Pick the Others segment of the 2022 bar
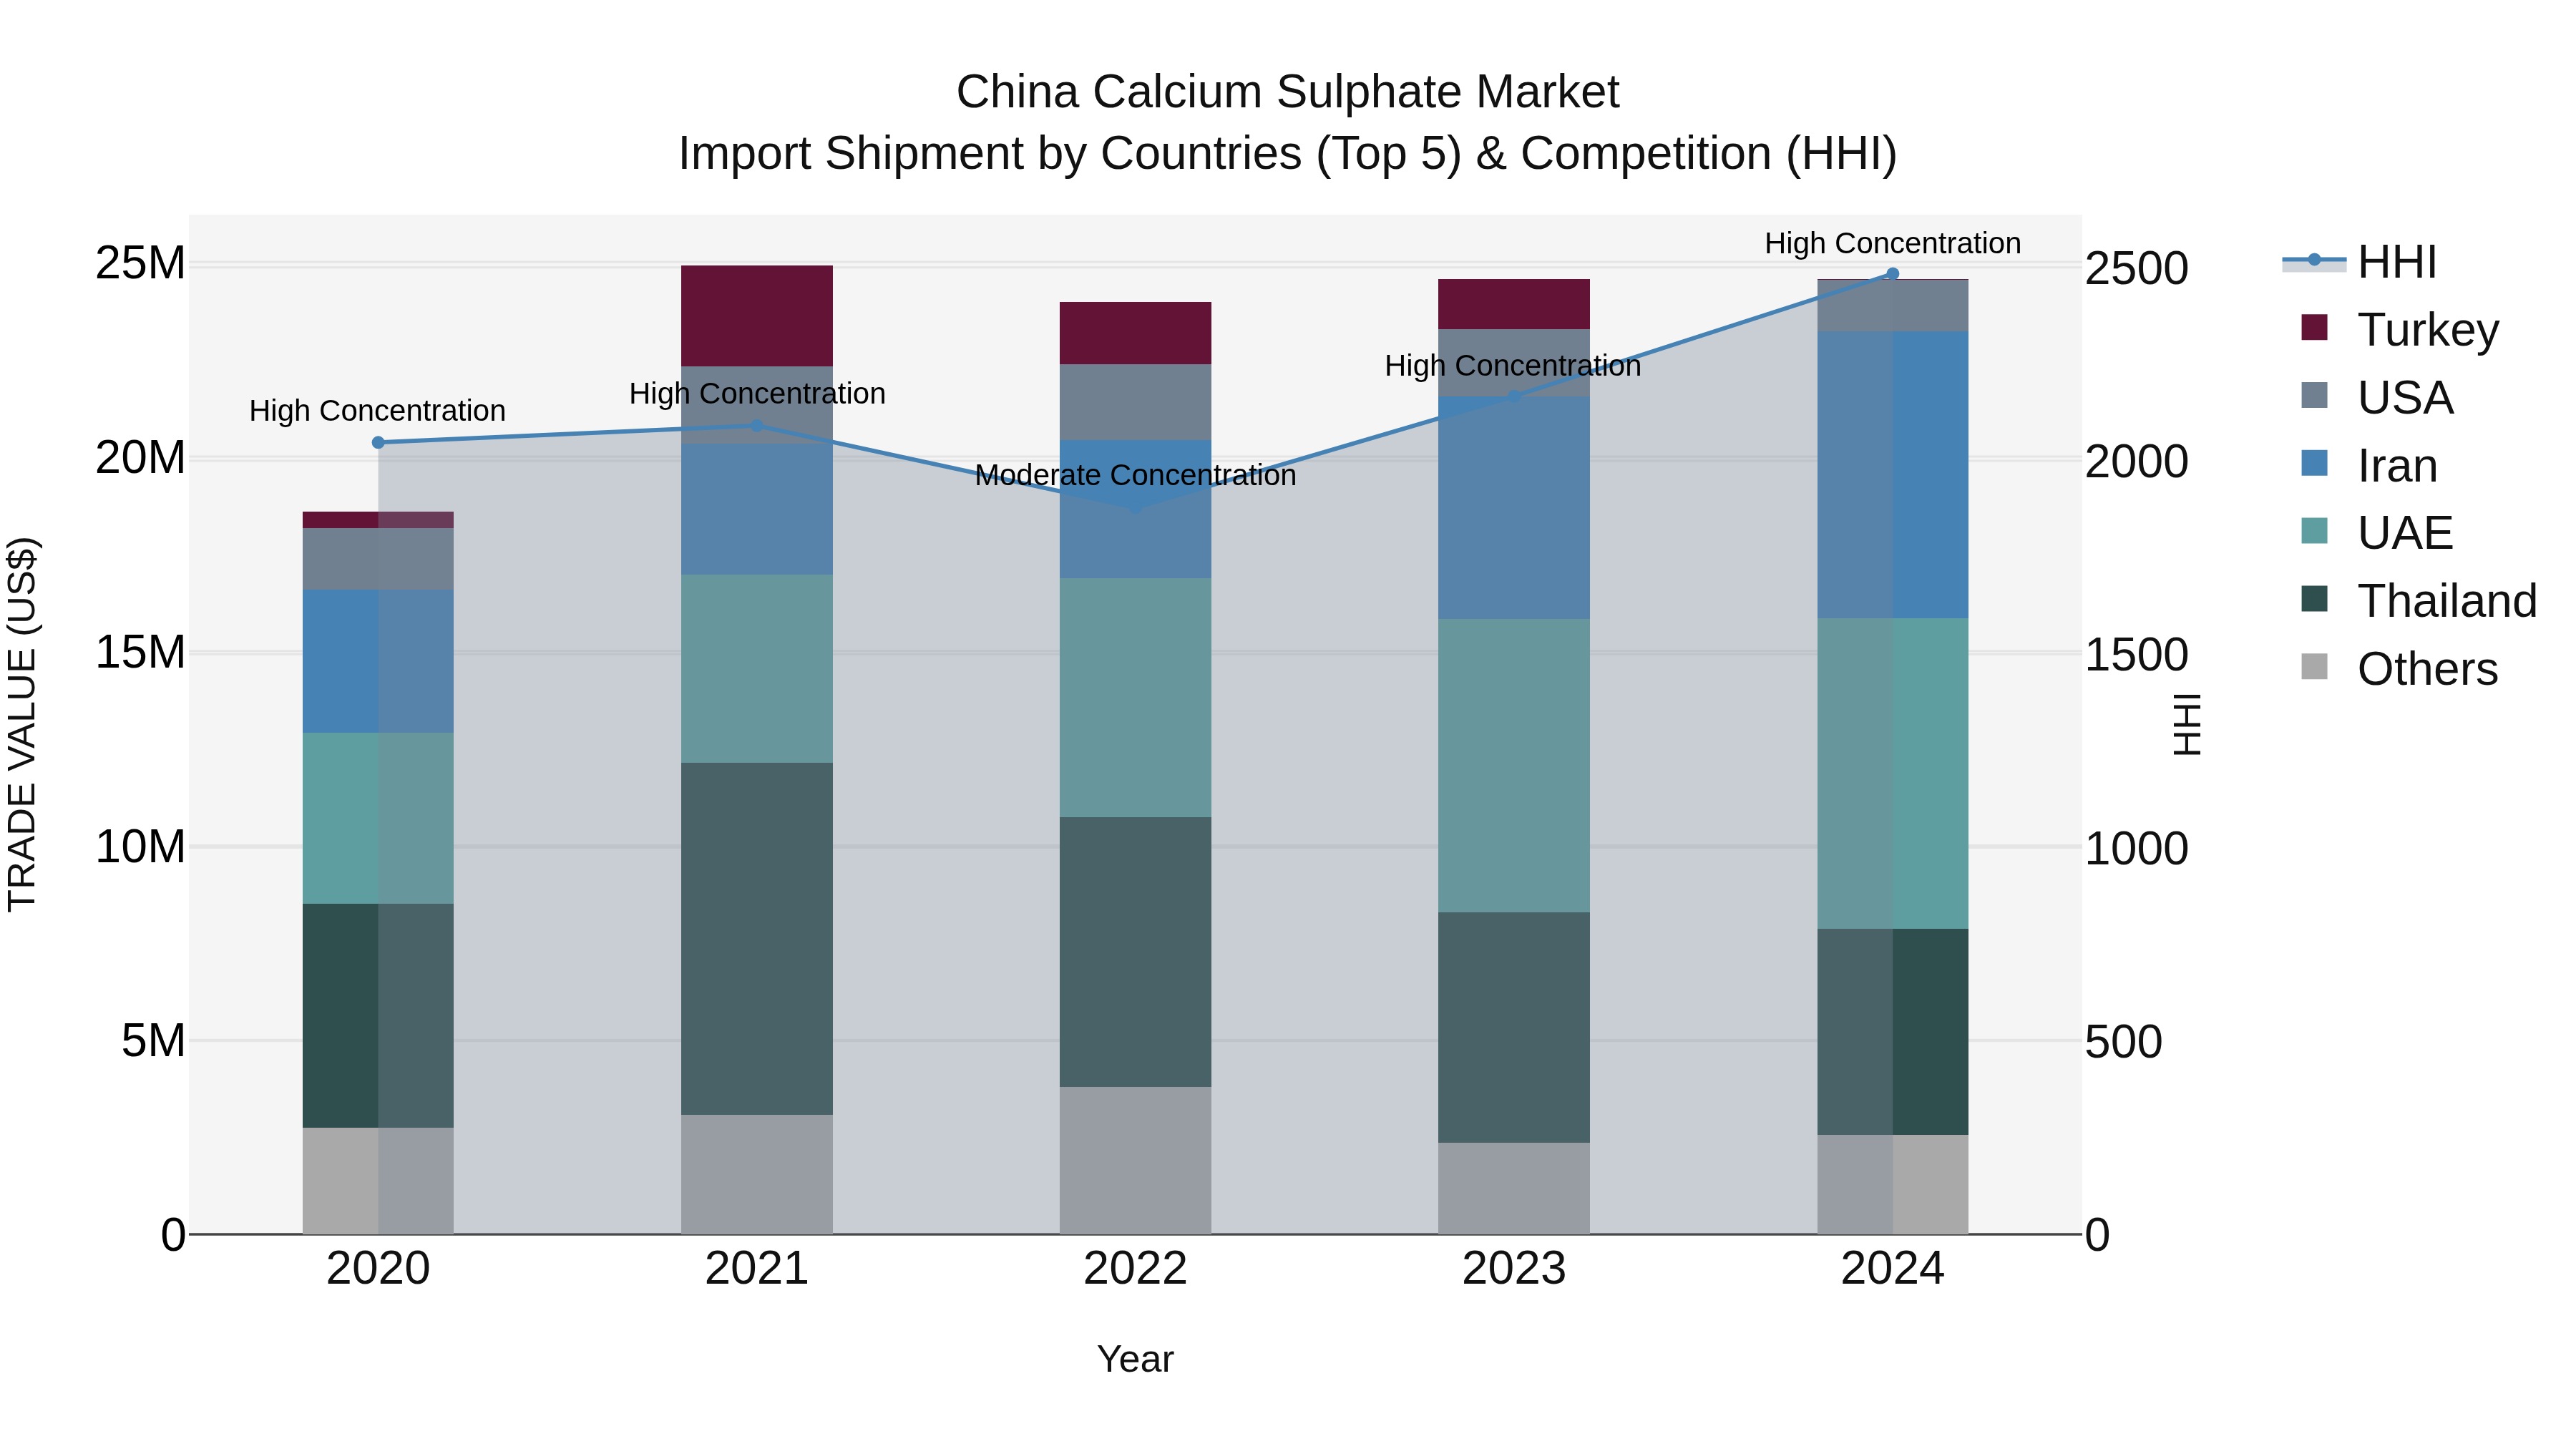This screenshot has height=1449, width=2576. tap(1135, 1159)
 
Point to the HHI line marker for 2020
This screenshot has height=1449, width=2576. tap(378, 442)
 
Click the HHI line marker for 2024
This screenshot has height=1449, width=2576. tap(1892, 273)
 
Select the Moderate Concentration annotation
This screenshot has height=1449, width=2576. tap(1135, 475)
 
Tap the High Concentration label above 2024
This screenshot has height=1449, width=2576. tap(1892, 243)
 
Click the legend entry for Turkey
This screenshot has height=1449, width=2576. tap(2427, 330)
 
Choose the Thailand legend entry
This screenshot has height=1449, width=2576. tap(2446, 601)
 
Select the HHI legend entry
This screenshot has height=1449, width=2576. tap(2396, 262)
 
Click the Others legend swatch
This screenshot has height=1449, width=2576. tap(2314, 667)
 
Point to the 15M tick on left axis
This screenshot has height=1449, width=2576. tap(140, 652)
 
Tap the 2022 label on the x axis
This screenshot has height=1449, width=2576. tap(1135, 1269)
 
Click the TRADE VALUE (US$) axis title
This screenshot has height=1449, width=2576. tap(22, 724)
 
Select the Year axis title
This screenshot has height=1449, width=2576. tap(1135, 1359)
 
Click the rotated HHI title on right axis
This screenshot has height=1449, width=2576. tap(2187, 724)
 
